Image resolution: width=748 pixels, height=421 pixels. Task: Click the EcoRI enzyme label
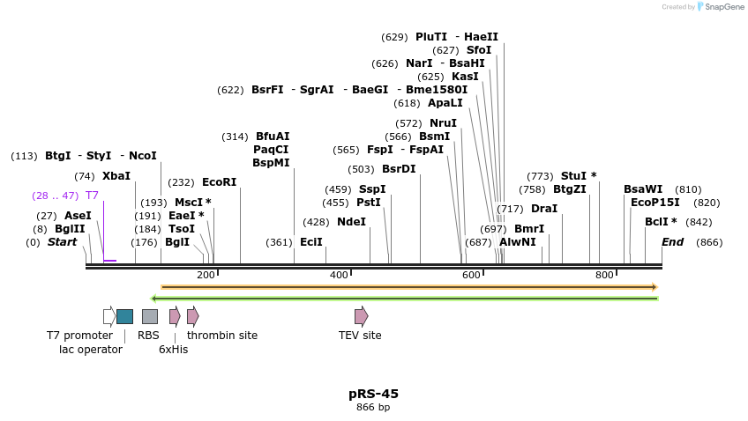219,182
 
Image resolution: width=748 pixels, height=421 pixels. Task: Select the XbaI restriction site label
116,176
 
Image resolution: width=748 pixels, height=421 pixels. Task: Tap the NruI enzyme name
443,123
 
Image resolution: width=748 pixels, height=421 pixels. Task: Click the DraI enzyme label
543,209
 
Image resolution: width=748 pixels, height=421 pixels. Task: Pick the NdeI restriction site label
351,222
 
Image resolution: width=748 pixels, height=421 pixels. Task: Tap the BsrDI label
399,169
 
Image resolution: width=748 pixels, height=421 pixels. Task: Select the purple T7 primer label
92,196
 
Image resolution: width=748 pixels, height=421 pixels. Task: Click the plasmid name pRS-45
373,394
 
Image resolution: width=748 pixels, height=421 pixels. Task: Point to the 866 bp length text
373,408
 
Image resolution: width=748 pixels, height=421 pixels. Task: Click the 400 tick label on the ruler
339,276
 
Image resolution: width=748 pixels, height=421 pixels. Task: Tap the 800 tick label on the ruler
604,276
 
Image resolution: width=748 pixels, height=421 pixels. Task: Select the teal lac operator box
124,316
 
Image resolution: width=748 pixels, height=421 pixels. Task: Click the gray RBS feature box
150,316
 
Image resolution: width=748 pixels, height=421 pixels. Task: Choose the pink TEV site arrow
361,316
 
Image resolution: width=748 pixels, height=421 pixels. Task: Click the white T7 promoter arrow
108,316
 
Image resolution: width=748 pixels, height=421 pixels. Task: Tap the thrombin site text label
222,336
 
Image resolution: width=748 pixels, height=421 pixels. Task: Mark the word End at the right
673,242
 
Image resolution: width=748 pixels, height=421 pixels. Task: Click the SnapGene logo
721,7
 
